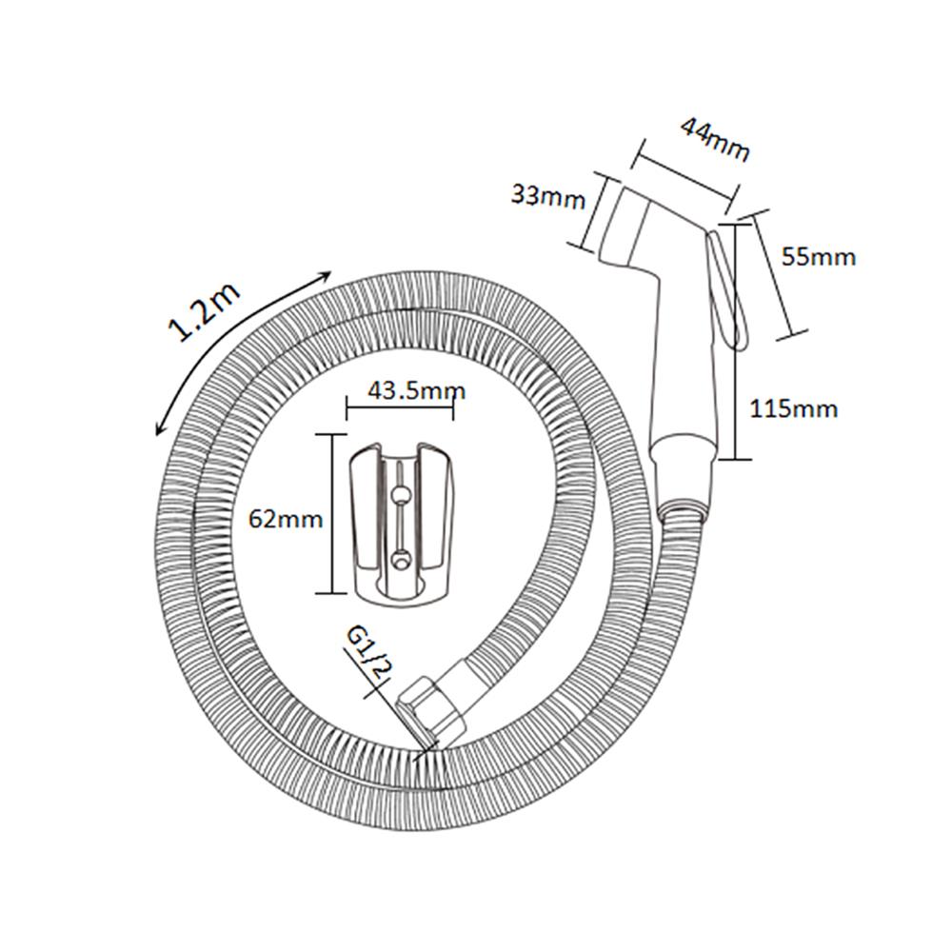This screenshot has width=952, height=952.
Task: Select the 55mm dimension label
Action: [817, 256]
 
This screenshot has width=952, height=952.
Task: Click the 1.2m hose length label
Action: [204, 312]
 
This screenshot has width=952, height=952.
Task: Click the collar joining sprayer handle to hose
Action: [683, 476]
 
